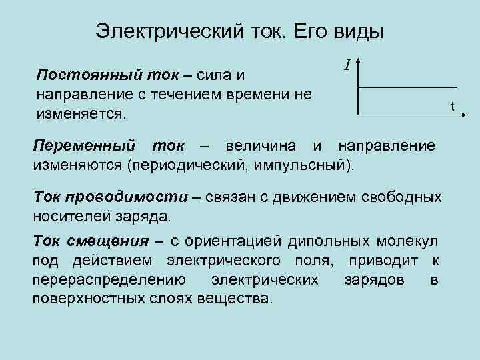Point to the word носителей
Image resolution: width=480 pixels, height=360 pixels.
[x=68, y=216]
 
